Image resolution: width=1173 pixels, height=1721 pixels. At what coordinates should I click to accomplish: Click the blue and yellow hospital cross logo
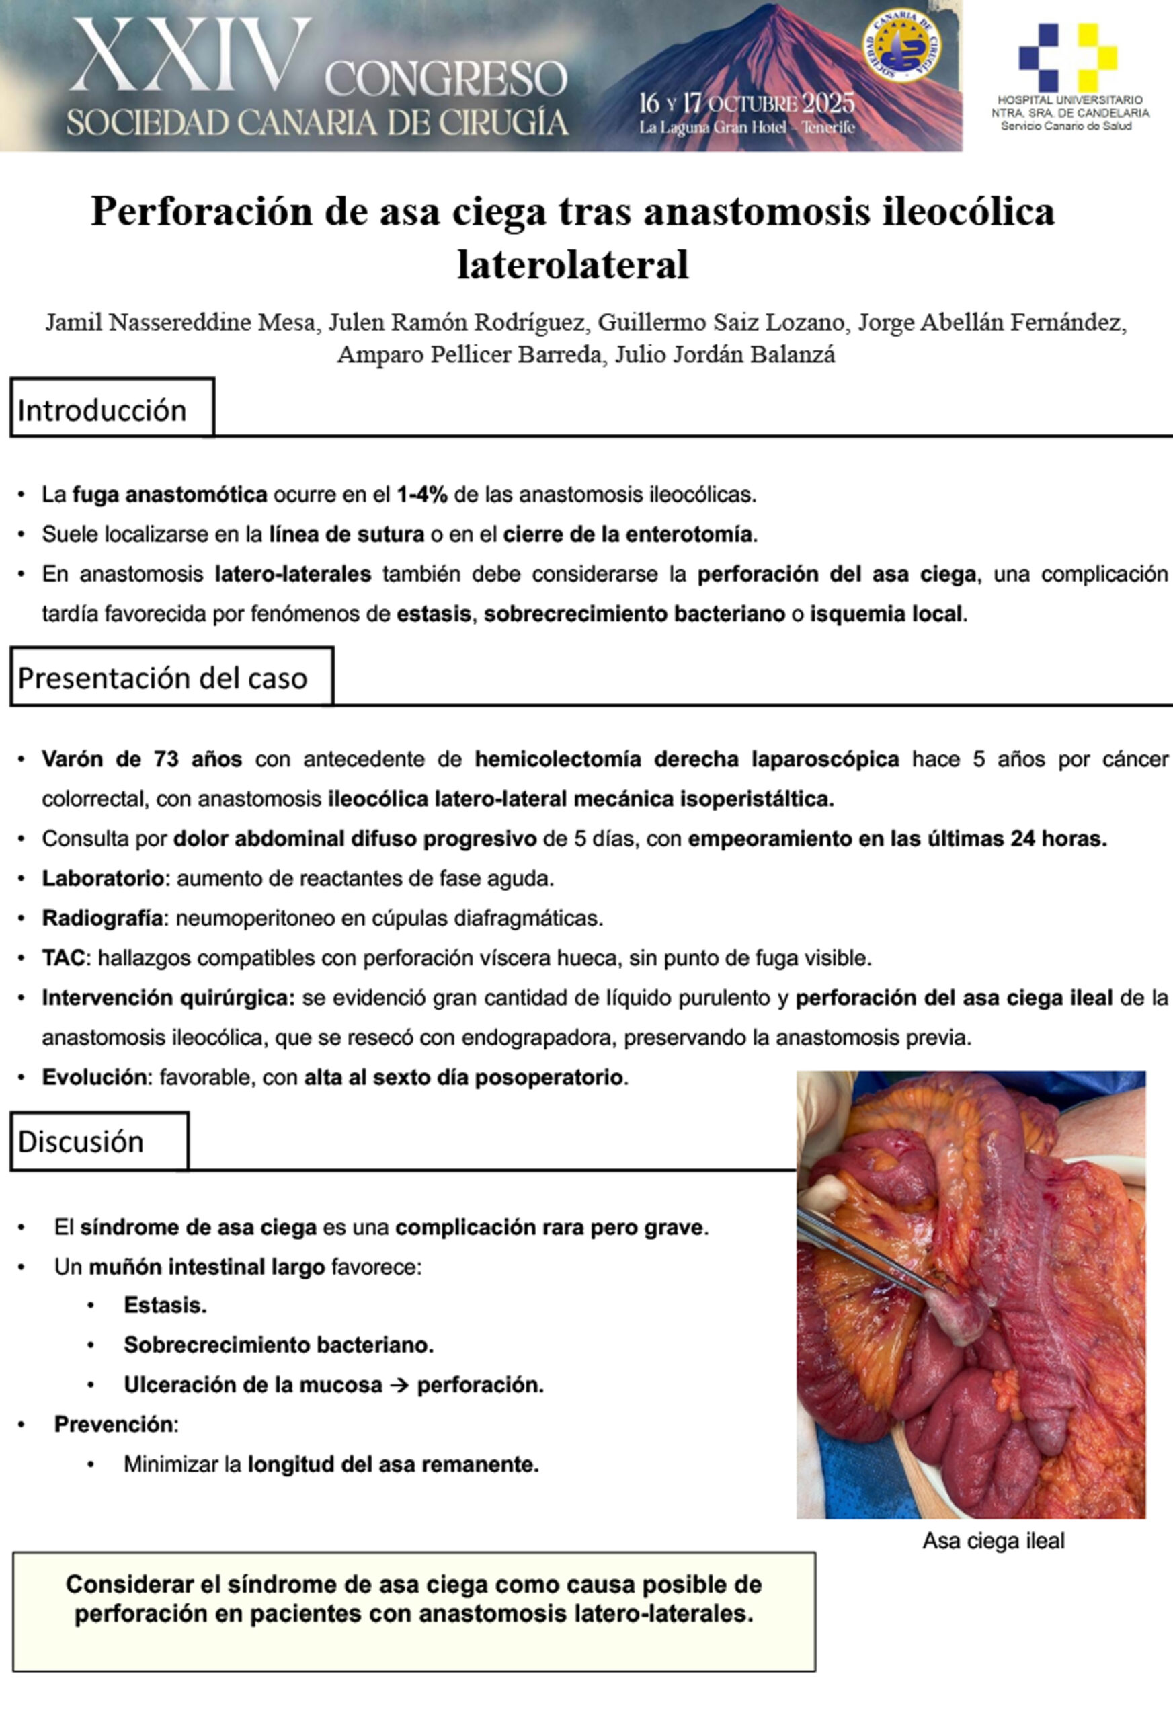tap(1068, 57)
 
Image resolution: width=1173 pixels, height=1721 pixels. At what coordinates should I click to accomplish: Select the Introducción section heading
tap(102, 410)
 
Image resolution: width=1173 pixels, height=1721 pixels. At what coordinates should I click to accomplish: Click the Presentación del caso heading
tap(162, 678)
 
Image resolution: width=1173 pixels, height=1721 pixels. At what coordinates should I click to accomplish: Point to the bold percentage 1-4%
tap(422, 495)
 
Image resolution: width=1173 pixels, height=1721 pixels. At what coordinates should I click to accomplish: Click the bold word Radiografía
tap(102, 918)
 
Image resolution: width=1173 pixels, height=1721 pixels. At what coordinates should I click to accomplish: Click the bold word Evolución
tap(94, 1077)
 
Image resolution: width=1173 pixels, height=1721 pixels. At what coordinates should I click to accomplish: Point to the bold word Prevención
tap(114, 1424)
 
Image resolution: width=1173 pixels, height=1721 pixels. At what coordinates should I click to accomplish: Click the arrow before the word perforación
tap(399, 1385)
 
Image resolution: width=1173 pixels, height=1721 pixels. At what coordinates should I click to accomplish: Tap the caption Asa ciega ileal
tap(993, 1541)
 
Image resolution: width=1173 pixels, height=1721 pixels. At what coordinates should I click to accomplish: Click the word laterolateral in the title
tap(573, 264)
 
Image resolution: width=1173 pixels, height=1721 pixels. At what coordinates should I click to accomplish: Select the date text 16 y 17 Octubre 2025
tap(746, 103)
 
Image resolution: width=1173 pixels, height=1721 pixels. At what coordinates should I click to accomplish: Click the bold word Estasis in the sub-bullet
tap(165, 1305)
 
